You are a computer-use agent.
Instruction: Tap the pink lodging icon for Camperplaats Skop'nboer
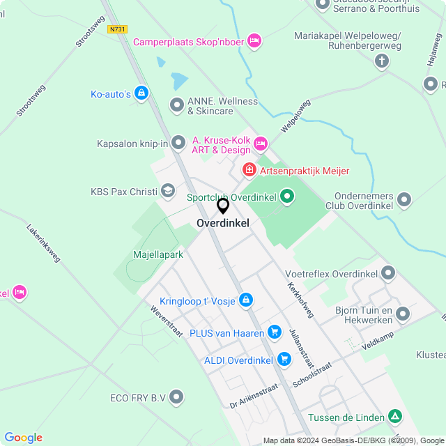[x=254, y=41]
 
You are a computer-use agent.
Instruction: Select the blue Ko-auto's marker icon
[x=141, y=93]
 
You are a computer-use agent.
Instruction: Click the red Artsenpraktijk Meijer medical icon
[x=249, y=170]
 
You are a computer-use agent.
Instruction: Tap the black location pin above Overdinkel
[x=223, y=206]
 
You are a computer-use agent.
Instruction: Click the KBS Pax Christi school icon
[x=168, y=191]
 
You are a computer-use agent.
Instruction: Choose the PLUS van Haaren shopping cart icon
[x=275, y=333]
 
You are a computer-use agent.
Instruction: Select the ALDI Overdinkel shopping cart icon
[x=284, y=360]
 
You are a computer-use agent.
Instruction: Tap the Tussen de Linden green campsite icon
[x=395, y=417]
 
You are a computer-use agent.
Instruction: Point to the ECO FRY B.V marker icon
[x=177, y=398]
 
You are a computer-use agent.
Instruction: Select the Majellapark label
[x=158, y=254]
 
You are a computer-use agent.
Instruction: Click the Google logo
[x=23, y=438]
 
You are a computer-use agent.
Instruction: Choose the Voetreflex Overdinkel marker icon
[x=389, y=273]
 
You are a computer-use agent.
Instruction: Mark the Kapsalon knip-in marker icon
[x=179, y=144]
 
